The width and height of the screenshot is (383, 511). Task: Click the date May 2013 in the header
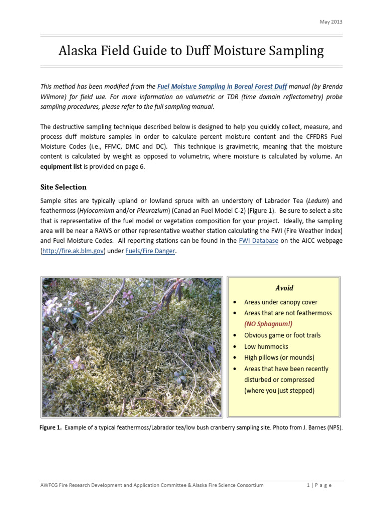[x=331, y=22]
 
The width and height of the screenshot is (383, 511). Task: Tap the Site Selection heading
[x=63, y=187]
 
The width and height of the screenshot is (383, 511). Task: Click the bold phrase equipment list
[x=61, y=166]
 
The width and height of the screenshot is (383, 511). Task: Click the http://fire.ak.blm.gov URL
[x=72, y=251]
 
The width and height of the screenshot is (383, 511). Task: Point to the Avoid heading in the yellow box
[x=284, y=288]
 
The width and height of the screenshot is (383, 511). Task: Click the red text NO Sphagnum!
[x=268, y=324]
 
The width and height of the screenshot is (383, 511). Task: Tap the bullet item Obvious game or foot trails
[x=282, y=335]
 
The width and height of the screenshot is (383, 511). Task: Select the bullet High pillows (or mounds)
[x=279, y=357]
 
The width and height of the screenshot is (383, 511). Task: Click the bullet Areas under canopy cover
[x=281, y=302]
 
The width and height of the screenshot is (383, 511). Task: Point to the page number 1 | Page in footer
[x=325, y=485]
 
